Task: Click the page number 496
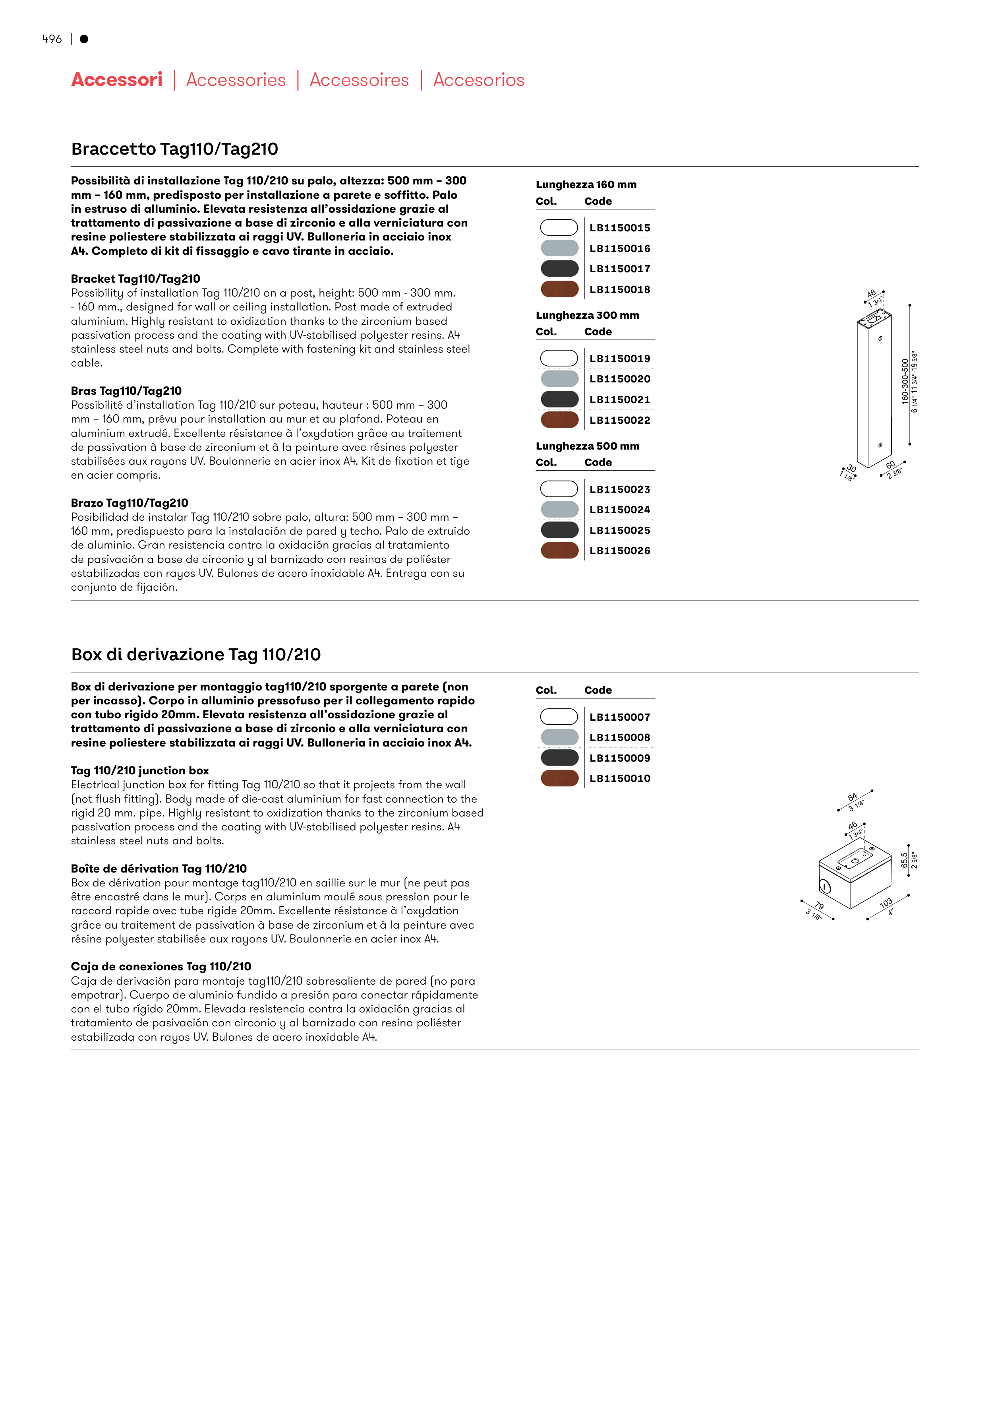coord(52,39)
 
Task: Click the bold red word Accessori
coord(117,80)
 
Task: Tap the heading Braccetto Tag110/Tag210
coord(175,149)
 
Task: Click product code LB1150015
coord(620,228)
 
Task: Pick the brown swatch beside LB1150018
coord(559,289)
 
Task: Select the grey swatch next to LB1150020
coord(559,378)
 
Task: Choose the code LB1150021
coord(620,400)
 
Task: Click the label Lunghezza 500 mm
coord(588,446)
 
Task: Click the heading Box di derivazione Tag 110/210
coord(196,654)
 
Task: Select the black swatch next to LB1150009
coord(559,758)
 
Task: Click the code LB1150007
coord(620,717)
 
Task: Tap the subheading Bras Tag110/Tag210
coord(126,391)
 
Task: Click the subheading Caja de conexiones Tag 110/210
coord(161,966)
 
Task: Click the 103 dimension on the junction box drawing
coord(886,903)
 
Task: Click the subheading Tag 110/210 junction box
coord(140,770)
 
